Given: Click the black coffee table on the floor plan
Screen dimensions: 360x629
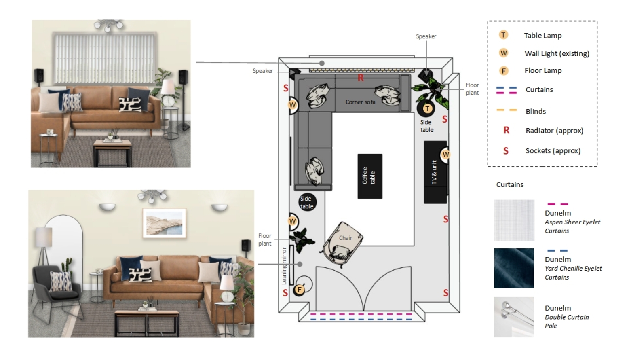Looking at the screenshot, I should pyautogui.click(x=369, y=176).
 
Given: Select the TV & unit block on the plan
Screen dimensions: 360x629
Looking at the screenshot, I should pyautogui.click(x=435, y=172).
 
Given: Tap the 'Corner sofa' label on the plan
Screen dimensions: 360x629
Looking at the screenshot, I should pyautogui.click(x=360, y=102).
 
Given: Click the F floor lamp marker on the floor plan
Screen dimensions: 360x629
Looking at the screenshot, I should pyautogui.click(x=300, y=289).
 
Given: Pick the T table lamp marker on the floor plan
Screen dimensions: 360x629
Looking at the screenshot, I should pyautogui.click(x=427, y=108).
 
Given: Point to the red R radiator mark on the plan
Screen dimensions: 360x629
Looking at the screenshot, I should pyautogui.click(x=360, y=78).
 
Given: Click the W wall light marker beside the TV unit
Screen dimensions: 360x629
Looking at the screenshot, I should pyautogui.click(x=445, y=155).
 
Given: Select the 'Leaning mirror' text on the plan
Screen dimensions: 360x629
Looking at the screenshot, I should pyautogui.click(x=284, y=266).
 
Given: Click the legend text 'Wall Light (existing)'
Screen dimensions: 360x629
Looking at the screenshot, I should pyautogui.click(x=557, y=53).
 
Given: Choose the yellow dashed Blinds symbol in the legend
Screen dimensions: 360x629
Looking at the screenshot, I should pyautogui.click(x=507, y=110).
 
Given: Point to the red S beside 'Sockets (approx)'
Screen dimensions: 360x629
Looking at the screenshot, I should pyautogui.click(x=505, y=151).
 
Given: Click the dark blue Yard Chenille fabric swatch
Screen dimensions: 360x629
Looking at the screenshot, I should pyautogui.click(x=514, y=268).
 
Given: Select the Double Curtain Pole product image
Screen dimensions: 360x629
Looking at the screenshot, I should pyautogui.click(x=514, y=317).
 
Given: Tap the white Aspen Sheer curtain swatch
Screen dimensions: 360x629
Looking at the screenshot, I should pyautogui.click(x=514, y=220).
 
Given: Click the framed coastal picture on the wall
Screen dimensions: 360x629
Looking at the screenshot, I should pyautogui.click(x=165, y=222).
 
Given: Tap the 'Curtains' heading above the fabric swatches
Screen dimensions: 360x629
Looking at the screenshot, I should pyautogui.click(x=510, y=185).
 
